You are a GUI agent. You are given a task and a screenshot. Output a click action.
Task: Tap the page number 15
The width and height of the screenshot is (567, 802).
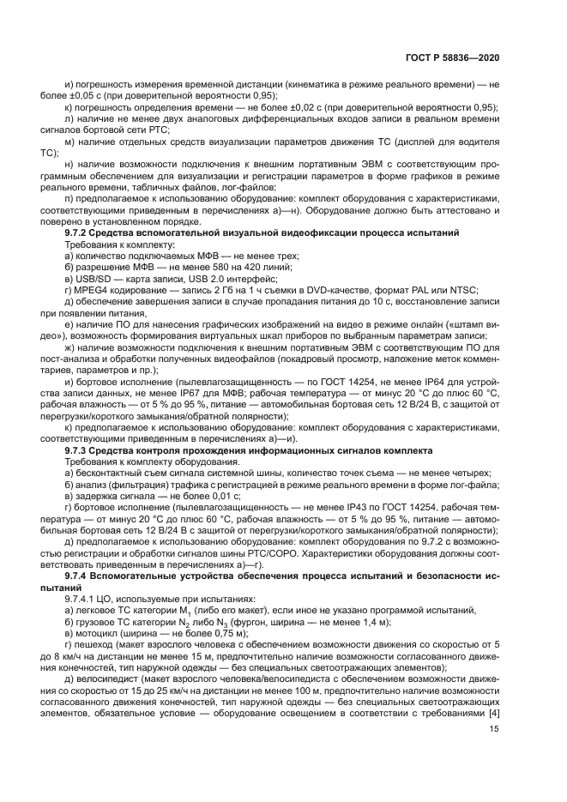pos(494,729)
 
